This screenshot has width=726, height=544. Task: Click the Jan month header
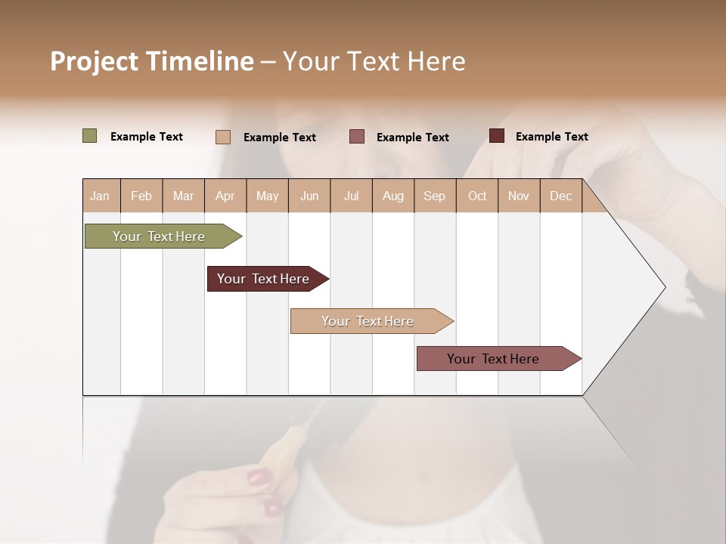pos(100,196)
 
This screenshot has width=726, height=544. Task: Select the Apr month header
pos(225,196)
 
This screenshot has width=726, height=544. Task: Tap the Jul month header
pos(351,196)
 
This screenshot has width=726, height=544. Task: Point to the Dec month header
pos(560,196)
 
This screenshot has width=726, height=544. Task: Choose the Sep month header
pos(434,196)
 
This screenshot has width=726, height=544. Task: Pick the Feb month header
pos(141,196)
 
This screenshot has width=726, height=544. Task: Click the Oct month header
pos(477,196)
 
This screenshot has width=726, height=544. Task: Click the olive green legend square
pos(89,136)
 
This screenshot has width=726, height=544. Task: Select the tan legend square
pos(223,137)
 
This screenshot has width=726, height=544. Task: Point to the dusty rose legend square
pos(357,136)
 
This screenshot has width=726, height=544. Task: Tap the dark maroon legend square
pos(497,136)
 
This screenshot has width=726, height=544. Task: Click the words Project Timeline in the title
pos(151,60)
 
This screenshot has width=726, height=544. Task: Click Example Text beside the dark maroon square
pos(551,137)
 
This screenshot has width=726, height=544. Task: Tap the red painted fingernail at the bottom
pos(259,477)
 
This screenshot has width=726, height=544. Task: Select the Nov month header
pos(518,196)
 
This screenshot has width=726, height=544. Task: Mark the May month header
pos(267,196)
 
